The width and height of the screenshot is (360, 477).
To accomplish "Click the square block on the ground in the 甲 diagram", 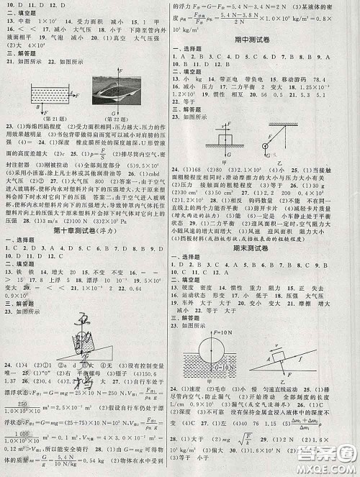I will coord(220,136).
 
